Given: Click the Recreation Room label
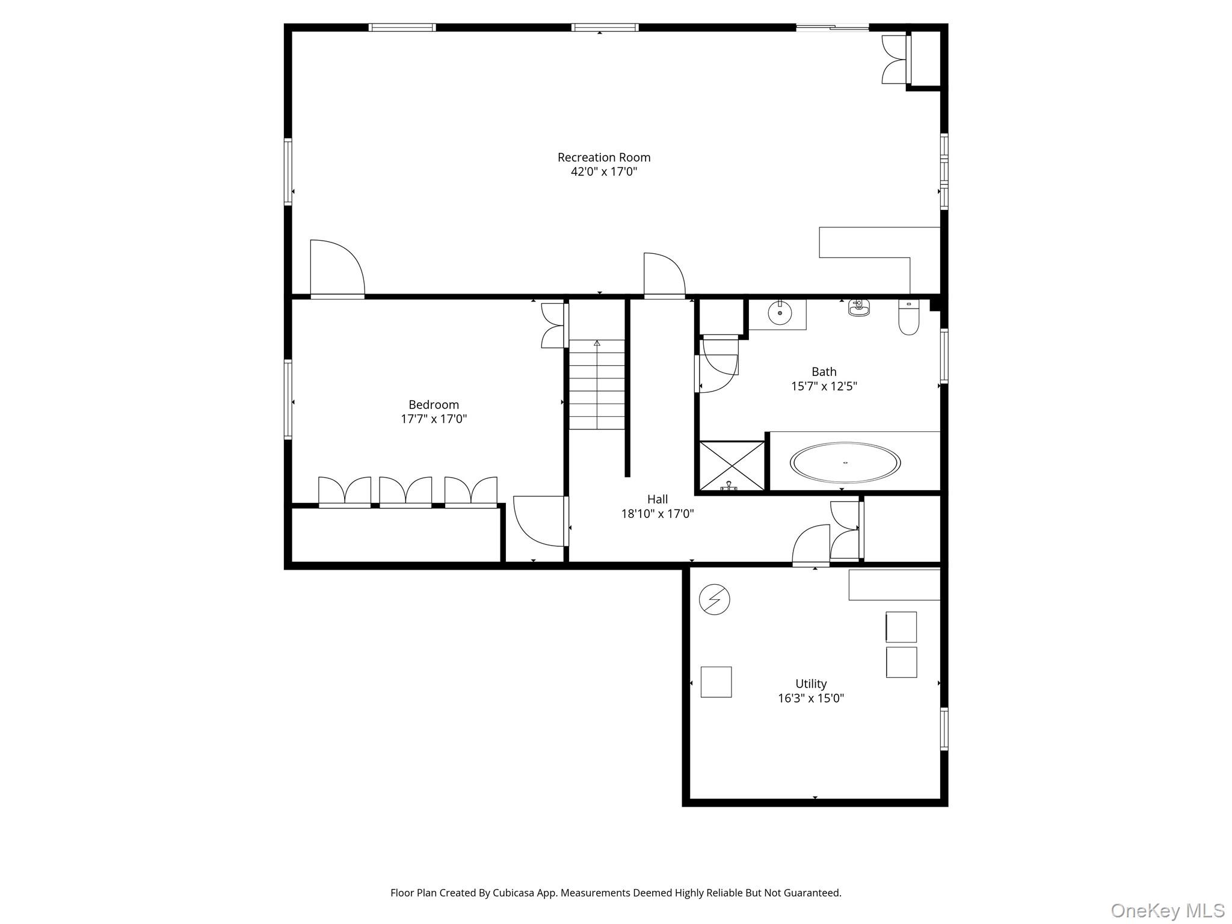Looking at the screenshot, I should pyautogui.click(x=603, y=157).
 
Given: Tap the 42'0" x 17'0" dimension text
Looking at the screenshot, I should pyautogui.click(x=603, y=172).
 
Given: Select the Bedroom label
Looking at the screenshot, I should pyautogui.click(x=433, y=404).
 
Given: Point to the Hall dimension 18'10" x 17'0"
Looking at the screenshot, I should pyautogui.click(x=658, y=514).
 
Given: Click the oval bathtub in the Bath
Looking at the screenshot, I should pyautogui.click(x=845, y=463).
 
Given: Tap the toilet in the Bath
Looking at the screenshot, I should pyautogui.click(x=908, y=317).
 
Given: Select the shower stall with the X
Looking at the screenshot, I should pyautogui.click(x=731, y=466).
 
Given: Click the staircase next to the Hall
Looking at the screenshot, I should pyautogui.click(x=597, y=385).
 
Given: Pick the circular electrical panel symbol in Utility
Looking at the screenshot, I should pyautogui.click(x=714, y=600).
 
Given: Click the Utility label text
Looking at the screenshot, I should pyautogui.click(x=810, y=683).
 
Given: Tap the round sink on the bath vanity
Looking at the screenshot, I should pyautogui.click(x=780, y=313).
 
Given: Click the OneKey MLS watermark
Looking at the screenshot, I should pyautogui.click(x=1167, y=910).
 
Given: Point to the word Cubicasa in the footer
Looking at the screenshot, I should pyautogui.click(x=515, y=893).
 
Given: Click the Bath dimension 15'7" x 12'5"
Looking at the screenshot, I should pyautogui.click(x=824, y=386).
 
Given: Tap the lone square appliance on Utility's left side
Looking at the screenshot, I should pyautogui.click(x=716, y=682).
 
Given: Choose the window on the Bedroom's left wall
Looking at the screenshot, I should pyautogui.click(x=288, y=399).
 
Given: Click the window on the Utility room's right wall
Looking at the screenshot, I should pyautogui.click(x=943, y=728).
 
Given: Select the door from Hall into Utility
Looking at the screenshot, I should pyautogui.click(x=810, y=546).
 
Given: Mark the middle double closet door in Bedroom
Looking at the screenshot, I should pyautogui.click(x=405, y=491).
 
